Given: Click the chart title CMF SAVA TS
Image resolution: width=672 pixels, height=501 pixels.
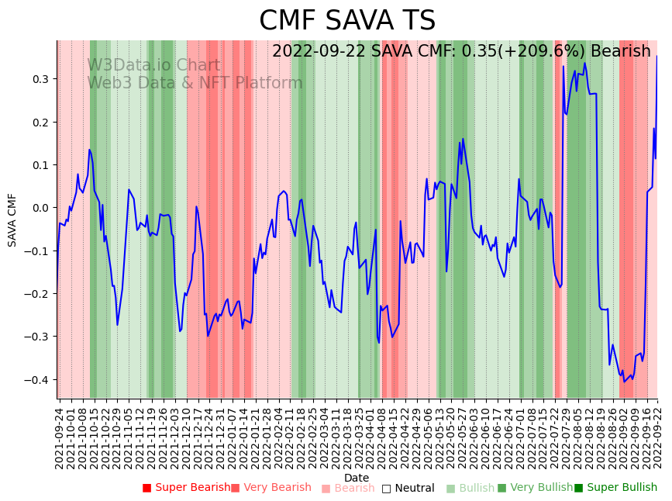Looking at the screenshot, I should (x=346, y=21).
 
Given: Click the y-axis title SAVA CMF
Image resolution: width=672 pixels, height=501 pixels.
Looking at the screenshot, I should (x=12, y=220).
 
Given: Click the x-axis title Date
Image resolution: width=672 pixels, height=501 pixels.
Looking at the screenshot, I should (x=357, y=478).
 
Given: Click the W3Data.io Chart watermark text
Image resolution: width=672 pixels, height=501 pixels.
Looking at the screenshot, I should (x=153, y=65).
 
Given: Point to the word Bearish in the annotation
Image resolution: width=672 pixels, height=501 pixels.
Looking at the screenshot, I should (x=620, y=52).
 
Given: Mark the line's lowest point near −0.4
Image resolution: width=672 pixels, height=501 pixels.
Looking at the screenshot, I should (x=624, y=382).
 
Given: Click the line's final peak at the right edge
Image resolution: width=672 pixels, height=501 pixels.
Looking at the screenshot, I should (x=657, y=56).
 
